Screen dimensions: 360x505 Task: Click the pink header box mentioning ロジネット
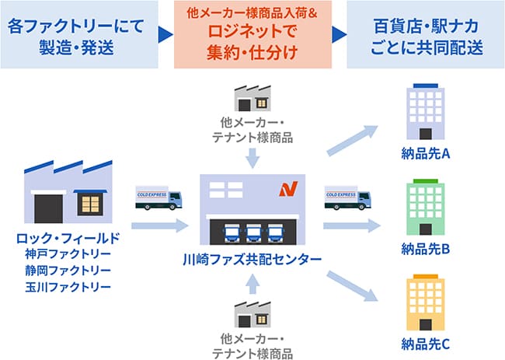[252, 34]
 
